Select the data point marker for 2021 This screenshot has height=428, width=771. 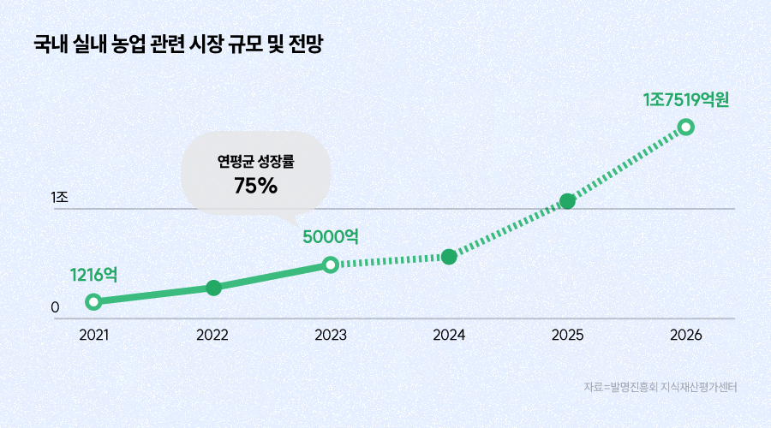pos(93,301)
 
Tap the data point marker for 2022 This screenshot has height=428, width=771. pos(213,288)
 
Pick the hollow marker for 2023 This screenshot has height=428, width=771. pos(331,265)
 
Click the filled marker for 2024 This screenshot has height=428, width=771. pos(449,256)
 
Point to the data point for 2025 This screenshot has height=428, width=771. pos(567,201)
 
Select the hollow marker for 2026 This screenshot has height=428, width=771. pos(685,127)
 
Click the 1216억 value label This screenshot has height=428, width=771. pos(93,275)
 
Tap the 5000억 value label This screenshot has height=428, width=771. pos(331,236)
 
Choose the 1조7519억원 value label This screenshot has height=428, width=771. pos(685,99)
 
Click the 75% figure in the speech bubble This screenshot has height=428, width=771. pos(256,184)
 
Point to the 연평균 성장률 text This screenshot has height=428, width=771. pos(256,160)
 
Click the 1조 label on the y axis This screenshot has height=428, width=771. pos(59,198)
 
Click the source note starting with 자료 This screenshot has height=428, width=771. pos(660,388)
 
